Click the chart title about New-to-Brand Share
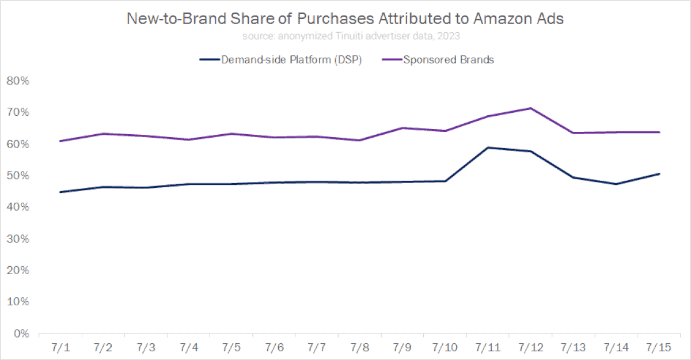click(x=345, y=19)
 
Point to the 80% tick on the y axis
click(x=17, y=81)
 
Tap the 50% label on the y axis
click(x=17, y=176)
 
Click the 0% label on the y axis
click(x=20, y=334)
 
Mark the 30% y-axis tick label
click(x=17, y=239)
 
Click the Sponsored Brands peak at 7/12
click(x=530, y=108)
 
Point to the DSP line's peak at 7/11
click(x=488, y=147)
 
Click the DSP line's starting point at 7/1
click(x=60, y=192)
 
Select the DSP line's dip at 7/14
click(x=616, y=184)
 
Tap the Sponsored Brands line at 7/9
click(x=402, y=128)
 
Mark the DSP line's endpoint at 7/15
click(x=659, y=173)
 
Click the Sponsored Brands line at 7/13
click(x=574, y=133)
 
